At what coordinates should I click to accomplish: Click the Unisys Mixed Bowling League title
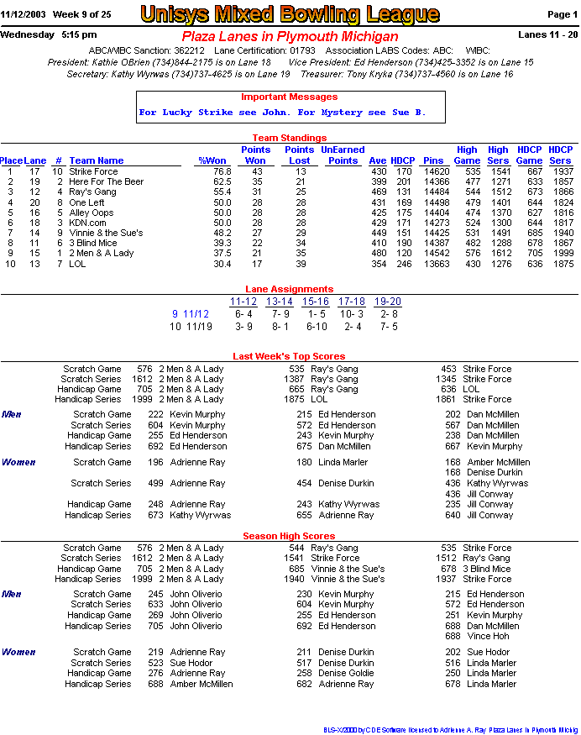coord(290,14)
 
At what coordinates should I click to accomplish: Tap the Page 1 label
coord(562,14)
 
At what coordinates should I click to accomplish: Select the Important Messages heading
coord(290,97)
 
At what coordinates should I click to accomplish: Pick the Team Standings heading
coord(290,138)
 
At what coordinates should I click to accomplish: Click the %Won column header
coord(212,160)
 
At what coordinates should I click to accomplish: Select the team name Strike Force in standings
coord(93,171)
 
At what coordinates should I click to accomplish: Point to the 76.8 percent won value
coord(222,171)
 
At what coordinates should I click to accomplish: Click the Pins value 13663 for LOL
coord(434,264)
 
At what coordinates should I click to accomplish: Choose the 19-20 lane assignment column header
coord(388,302)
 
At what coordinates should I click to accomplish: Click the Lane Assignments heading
coord(290,289)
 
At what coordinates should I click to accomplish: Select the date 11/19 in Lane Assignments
coord(197,327)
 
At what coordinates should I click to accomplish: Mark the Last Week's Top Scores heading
coord(289,357)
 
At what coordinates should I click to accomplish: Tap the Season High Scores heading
coord(289,537)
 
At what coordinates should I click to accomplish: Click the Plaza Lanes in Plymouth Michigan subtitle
coord(290,37)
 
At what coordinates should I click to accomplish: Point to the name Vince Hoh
coord(488,637)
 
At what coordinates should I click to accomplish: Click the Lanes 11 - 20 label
coord(548,34)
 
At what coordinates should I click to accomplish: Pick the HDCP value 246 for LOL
coord(403,264)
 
